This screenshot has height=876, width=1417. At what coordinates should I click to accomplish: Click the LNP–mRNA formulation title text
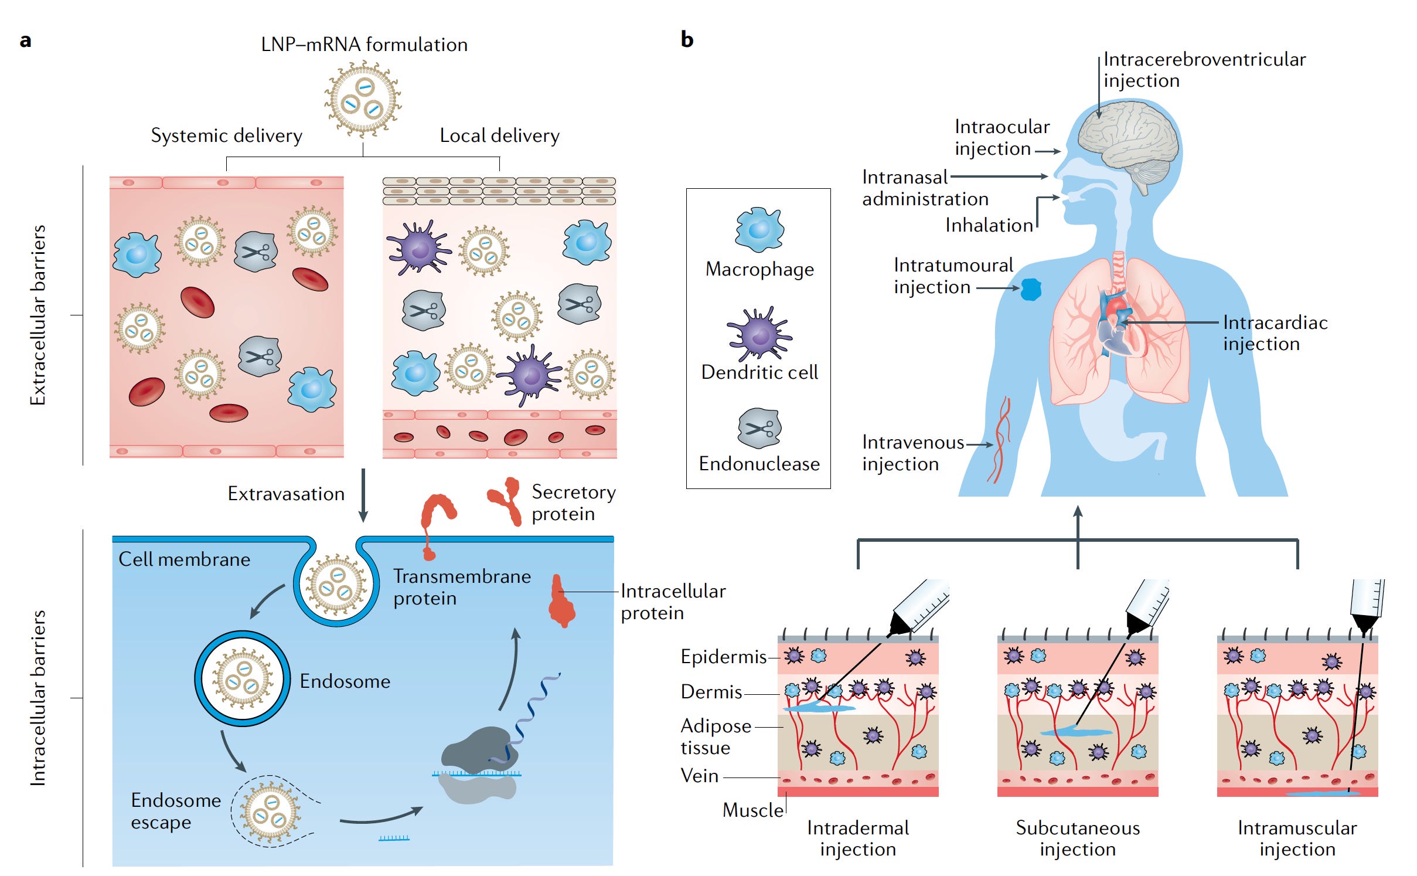[364, 45]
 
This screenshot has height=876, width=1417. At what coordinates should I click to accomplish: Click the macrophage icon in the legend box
[759, 229]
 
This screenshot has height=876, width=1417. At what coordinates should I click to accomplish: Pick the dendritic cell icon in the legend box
[759, 334]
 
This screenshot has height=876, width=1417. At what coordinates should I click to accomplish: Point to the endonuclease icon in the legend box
[759, 427]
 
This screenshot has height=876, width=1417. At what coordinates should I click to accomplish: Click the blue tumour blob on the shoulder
[1031, 289]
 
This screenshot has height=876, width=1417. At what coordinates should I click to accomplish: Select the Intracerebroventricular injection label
[1204, 70]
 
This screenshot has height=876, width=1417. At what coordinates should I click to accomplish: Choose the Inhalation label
[989, 225]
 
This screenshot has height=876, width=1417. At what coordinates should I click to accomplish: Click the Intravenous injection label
[912, 453]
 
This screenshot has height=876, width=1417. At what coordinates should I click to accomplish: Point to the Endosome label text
[345, 681]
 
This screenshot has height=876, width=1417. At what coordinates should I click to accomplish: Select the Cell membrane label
[184, 559]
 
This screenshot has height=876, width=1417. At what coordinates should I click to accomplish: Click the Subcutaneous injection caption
[1077, 838]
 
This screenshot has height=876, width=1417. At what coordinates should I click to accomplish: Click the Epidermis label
[723, 657]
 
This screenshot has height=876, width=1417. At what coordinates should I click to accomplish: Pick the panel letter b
[687, 40]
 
